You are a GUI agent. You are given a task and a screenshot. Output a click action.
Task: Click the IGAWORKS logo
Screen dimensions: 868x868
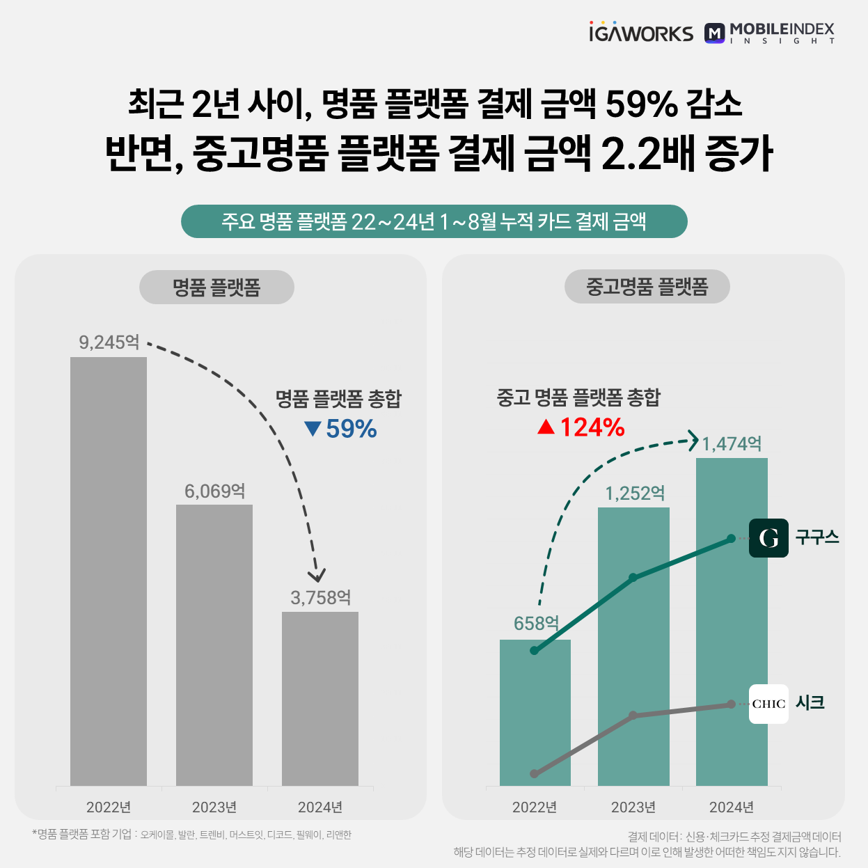[640, 33]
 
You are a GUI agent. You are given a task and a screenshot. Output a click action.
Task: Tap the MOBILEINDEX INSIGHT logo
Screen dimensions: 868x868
[770, 33]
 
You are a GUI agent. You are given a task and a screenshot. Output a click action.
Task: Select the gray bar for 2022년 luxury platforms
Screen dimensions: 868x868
[109, 571]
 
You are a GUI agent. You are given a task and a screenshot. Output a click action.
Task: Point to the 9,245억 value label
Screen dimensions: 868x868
[109, 342]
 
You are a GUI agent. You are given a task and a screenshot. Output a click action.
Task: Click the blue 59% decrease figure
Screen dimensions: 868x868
[341, 429]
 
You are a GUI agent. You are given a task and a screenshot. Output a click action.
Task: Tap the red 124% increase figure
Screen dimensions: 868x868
[582, 427]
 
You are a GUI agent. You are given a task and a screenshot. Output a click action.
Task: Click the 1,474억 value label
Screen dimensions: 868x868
[732, 444]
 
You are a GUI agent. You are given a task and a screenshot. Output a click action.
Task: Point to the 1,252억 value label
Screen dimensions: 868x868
[635, 494]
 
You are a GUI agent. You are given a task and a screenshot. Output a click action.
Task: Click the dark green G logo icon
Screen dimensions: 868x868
[768, 538]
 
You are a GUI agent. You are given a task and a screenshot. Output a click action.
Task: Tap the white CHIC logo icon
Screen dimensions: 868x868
[768, 704]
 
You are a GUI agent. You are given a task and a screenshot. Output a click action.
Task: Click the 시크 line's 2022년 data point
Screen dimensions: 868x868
[535, 773]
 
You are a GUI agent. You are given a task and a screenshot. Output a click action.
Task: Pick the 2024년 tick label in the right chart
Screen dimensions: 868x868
[732, 807]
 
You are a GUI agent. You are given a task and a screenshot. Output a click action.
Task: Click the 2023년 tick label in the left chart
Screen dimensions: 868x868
[214, 807]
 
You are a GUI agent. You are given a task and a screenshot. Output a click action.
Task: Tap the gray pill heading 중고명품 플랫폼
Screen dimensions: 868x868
[647, 287]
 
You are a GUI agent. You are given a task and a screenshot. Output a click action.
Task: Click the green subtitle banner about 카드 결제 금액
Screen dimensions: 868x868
[434, 221]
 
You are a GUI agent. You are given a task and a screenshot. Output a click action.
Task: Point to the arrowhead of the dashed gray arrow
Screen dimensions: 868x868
[317, 576]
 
